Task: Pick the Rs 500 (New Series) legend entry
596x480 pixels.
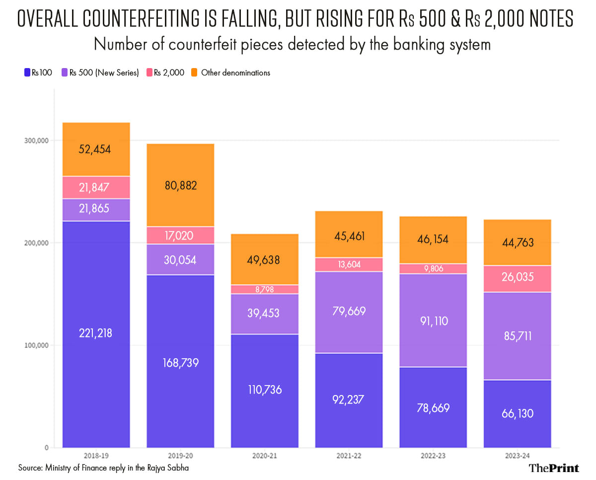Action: coord(100,73)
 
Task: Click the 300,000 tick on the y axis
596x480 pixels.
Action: coord(36,141)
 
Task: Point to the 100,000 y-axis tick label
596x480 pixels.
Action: coord(36,345)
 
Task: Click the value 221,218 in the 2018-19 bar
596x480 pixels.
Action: coord(96,333)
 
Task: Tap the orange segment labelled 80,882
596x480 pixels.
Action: coord(180,186)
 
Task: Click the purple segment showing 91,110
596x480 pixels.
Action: coord(433,321)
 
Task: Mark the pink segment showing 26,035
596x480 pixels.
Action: coord(517,277)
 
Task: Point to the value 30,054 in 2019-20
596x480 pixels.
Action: coord(180,260)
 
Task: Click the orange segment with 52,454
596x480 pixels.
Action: coord(96,149)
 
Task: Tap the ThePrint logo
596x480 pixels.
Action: coord(553,468)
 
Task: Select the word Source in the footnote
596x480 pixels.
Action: coord(31,468)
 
